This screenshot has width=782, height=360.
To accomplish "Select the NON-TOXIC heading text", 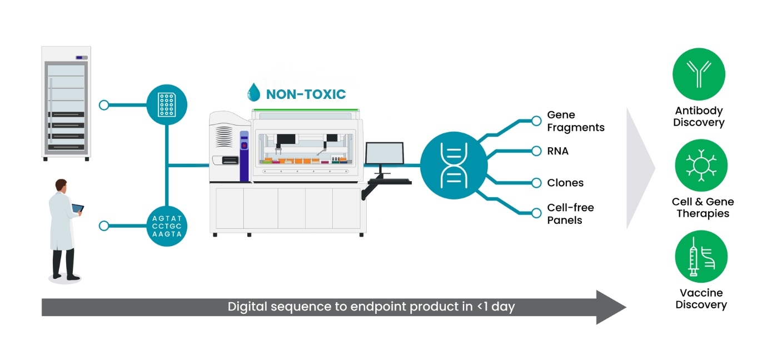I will point(306,94).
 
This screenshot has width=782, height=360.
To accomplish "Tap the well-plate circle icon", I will point(167,104).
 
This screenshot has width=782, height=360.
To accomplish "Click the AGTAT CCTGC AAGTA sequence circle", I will point(167,226).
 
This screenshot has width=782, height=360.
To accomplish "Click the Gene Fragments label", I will point(575,121).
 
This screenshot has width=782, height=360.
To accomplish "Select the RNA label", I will point(557,151).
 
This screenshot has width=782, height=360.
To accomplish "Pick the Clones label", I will point(565,183).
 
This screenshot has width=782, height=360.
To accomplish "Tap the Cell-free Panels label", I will point(570,214).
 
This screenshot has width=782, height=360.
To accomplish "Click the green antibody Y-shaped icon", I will point(699,73).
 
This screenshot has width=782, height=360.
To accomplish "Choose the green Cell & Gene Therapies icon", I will point(701,165).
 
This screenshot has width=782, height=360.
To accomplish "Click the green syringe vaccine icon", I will point(701,257).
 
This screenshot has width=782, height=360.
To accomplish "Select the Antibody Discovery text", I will point(699,117).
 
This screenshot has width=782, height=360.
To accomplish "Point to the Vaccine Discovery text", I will point(701,299).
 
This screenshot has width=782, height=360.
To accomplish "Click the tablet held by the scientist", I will point(77,208).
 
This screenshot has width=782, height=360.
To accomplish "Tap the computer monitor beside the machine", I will point(384,154).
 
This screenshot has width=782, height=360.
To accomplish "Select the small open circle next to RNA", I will point(536,151).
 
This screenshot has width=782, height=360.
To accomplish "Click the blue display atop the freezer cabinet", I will point(82,57).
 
